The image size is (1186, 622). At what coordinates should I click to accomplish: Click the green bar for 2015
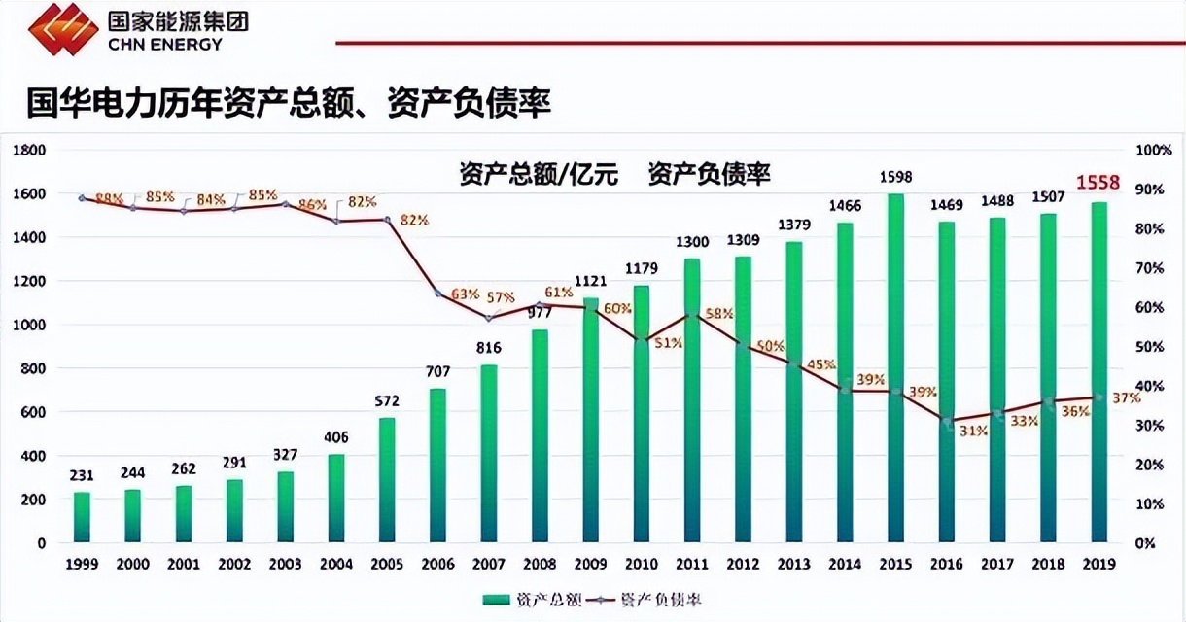(x=896, y=369)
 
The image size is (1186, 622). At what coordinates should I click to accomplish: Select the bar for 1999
(x=82, y=517)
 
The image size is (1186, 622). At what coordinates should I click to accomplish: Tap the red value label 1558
(x=1098, y=183)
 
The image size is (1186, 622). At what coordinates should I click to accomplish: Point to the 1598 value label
(x=896, y=177)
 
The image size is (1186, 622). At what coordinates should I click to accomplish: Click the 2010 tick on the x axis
(x=642, y=564)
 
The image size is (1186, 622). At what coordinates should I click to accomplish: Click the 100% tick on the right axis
(x=1153, y=151)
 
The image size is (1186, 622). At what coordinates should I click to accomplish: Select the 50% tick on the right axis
(x=1150, y=347)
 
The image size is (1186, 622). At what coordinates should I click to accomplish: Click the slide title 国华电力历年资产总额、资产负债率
(x=288, y=102)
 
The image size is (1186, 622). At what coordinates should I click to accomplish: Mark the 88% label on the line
(x=109, y=199)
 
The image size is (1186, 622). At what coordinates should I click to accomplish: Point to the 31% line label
(x=973, y=431)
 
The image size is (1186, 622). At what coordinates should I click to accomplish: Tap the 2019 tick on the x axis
(x=1098, y=564)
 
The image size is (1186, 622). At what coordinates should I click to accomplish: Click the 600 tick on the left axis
(x=33, y=412)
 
